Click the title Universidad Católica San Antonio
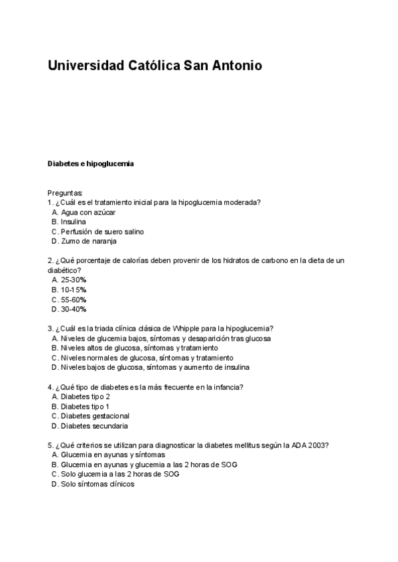coord(155,66)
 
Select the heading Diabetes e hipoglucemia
coord(91,163)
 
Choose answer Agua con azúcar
coord(88,212)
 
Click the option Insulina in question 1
coord(73,222)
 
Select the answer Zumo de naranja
coord(88,241)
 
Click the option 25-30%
coord(74,280)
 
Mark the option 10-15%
coord(74,290)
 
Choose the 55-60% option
coord(74,300)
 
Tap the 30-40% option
coord(74,309)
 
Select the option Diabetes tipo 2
coord(85,396)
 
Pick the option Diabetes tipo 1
coord(85,406)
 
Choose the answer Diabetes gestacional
coord(94,416)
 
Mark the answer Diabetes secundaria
coord(94,425)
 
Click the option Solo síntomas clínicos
coord(97,484)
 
